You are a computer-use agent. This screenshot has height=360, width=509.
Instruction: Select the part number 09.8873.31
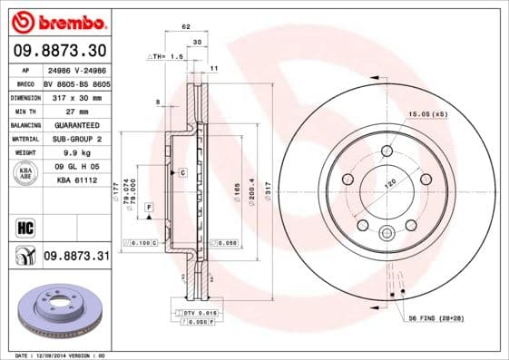coord(76,257)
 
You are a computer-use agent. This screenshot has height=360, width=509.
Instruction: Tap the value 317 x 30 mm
coord(75,97)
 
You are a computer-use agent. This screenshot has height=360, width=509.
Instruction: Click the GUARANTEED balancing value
coord(75,124)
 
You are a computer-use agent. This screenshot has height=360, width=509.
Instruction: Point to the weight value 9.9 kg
coord(75,153)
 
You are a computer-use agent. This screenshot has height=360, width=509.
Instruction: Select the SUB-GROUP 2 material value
coord(75,139)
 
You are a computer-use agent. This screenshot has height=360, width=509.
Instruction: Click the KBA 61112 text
coord(75,181)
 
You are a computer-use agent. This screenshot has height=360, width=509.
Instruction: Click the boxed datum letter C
coord(182,171)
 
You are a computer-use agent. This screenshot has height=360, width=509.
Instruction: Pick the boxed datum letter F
coord(148,209)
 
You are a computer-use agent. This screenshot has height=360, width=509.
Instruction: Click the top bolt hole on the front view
coord(387,151)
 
